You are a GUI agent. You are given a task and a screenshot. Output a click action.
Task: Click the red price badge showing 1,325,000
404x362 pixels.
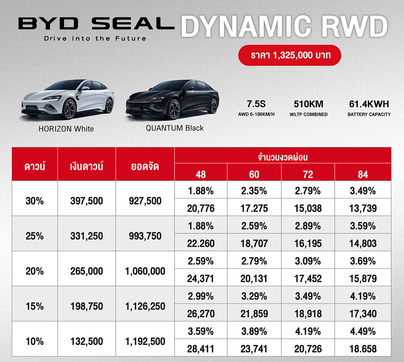pos(290,55)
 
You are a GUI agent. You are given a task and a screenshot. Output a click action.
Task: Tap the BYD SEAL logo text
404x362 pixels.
pos(96,24)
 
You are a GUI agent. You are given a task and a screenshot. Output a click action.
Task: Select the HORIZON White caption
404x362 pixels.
pos(66,129)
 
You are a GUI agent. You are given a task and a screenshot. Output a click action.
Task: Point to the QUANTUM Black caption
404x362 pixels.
pos(175,128)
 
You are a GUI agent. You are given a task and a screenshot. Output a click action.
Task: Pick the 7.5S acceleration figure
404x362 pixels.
pos(256,104)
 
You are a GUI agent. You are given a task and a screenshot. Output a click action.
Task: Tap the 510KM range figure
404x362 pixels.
pos(308,104)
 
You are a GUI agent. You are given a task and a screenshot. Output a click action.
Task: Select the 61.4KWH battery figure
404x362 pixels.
pos(369,104)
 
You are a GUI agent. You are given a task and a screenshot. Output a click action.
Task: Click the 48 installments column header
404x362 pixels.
pos(201,174)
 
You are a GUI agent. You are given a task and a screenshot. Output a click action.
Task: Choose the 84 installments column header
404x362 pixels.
pos(363,174)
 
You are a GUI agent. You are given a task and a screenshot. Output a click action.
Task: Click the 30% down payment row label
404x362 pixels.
pos(35,201)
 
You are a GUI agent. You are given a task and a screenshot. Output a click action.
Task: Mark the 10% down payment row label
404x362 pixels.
pos(35,341)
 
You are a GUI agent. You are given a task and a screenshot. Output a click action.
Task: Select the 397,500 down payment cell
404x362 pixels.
pos(87,201)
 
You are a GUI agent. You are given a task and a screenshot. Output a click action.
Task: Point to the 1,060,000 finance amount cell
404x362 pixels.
pos(145,271)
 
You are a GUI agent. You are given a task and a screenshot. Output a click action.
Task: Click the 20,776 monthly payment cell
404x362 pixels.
pos(201,209)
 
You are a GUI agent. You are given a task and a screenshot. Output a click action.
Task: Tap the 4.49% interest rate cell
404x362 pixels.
pos(363,331)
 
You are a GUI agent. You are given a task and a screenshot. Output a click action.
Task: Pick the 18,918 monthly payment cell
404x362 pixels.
pos(308,314)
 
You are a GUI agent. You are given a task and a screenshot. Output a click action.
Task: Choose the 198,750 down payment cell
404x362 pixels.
pos(87,306)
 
